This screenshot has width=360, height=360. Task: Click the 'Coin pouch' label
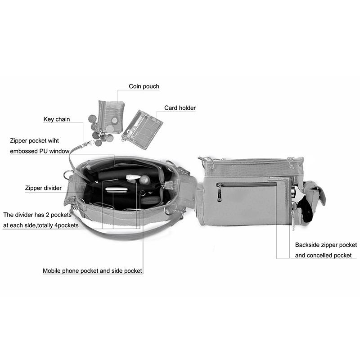point(144,86)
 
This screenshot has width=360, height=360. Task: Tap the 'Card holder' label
point(180,108)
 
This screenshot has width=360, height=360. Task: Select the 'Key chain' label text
point(57,119)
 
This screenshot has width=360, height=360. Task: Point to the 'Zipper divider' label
point(43,188)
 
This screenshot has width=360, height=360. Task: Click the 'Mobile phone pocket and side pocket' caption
point(92,271)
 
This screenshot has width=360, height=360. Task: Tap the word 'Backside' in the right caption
point(307,245)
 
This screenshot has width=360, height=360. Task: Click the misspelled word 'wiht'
point(53,140)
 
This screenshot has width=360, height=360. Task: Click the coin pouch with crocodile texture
point(112,116)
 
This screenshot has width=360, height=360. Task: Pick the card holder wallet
point(142,129)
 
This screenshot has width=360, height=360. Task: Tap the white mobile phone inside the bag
point(117,190)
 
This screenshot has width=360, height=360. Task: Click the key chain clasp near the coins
point(88,144)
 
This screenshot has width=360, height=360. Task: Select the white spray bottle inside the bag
point(133,178)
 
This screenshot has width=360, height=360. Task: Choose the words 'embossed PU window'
point(40,151)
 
